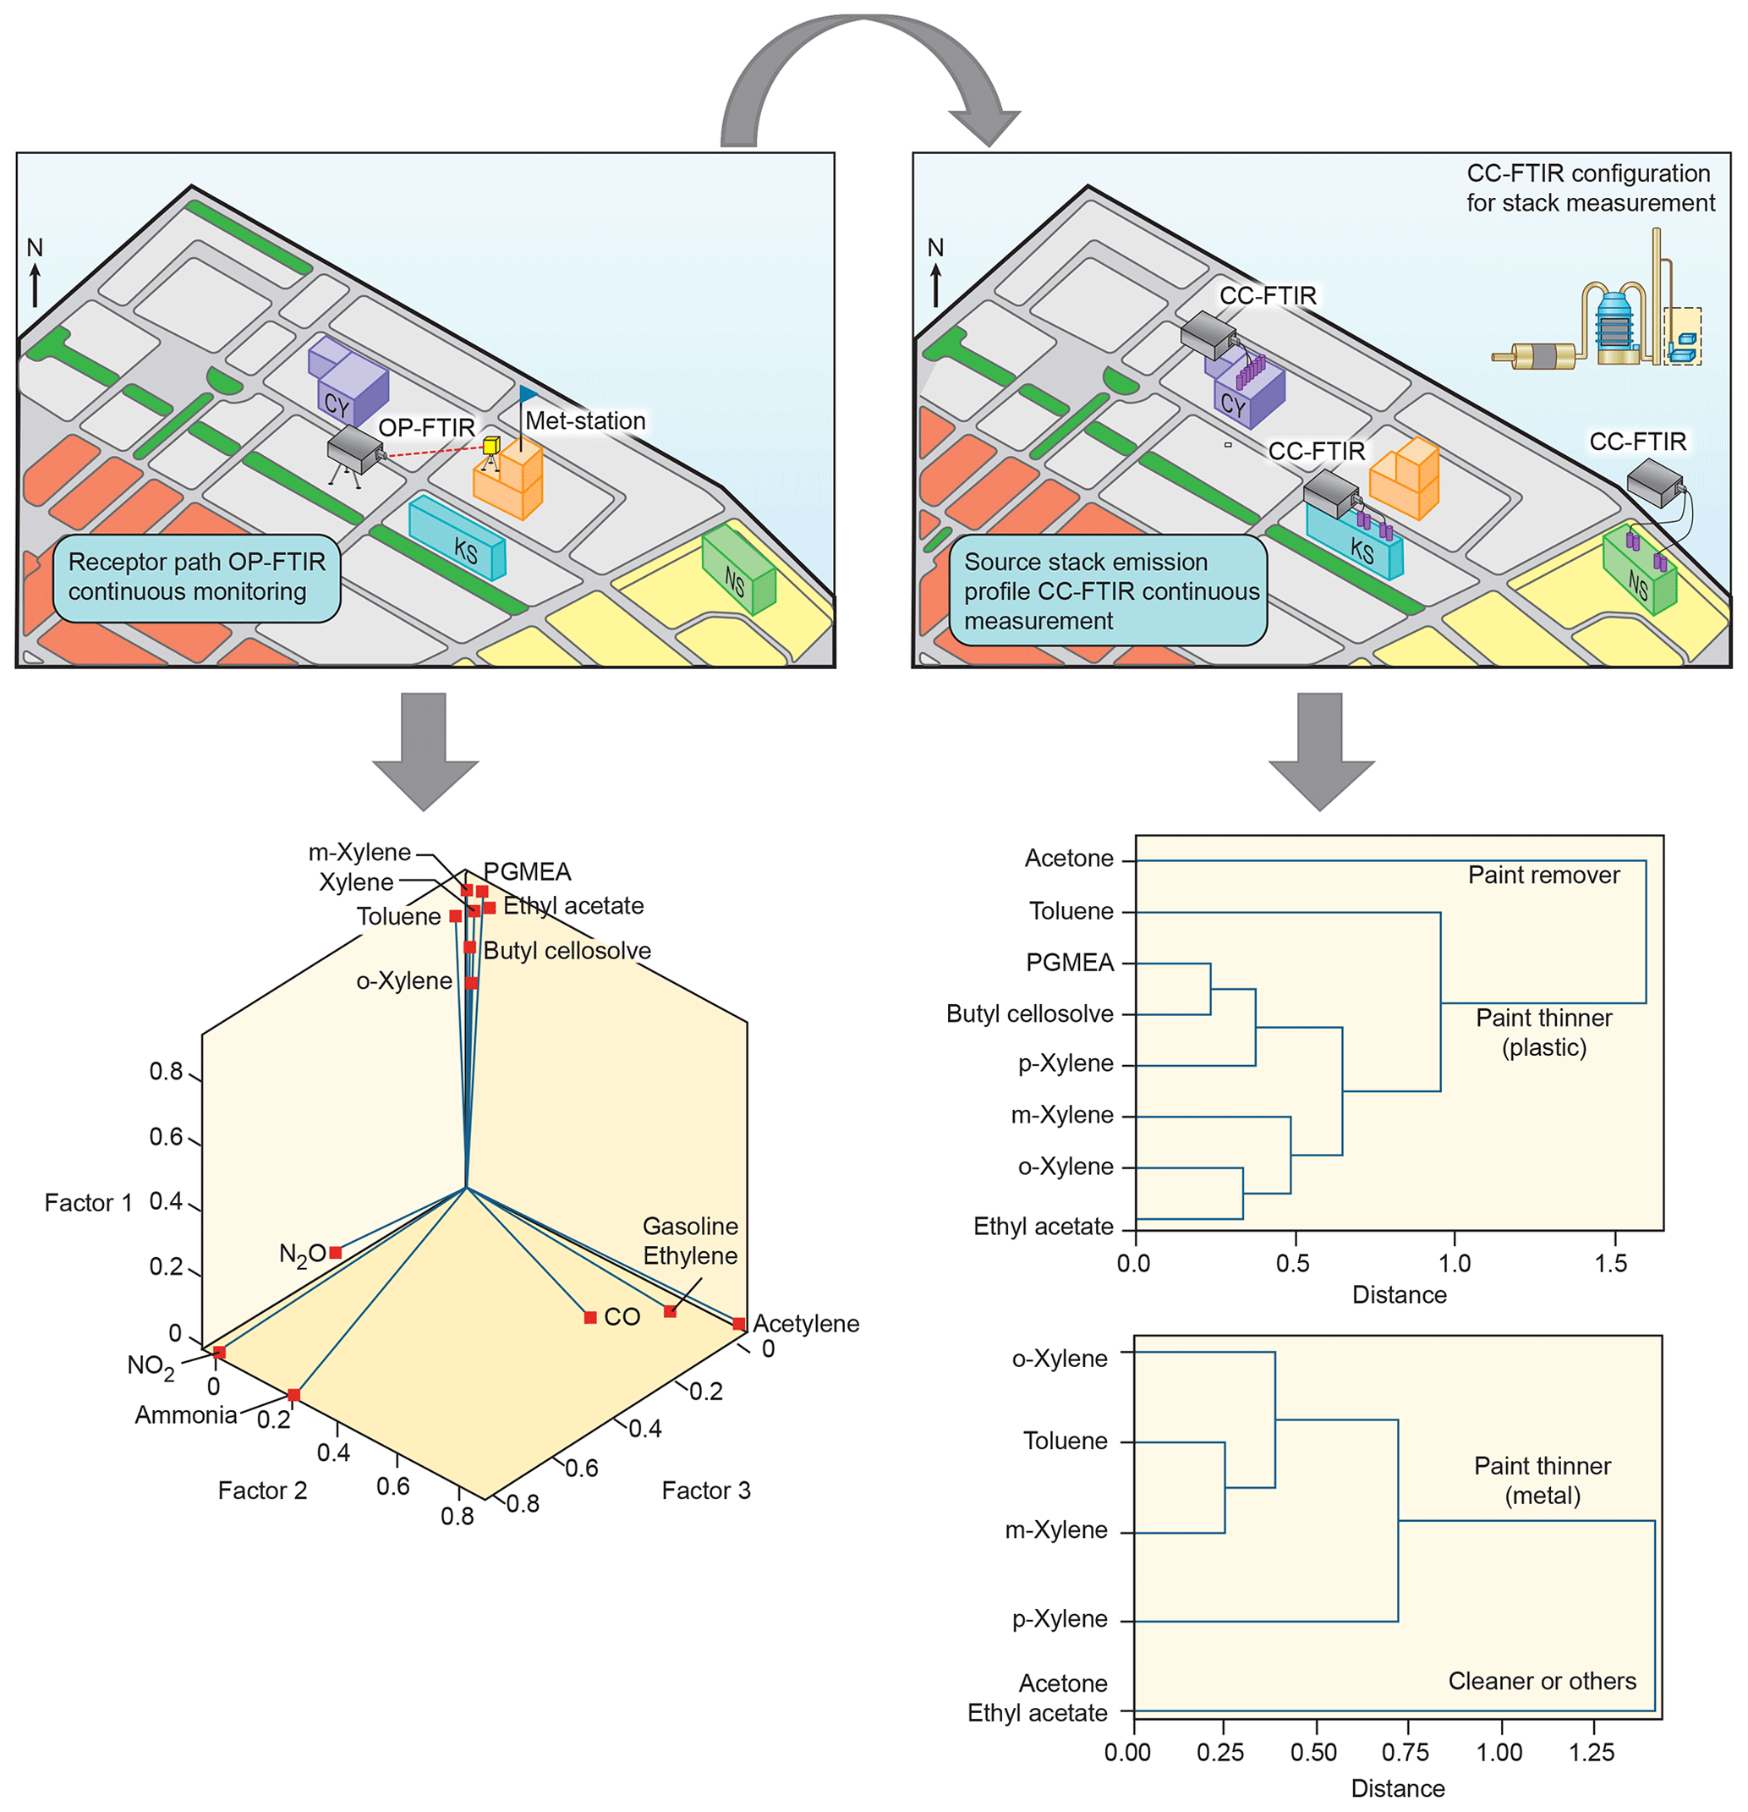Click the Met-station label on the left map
click(x=585, y=421)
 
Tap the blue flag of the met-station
click(x=528, y=395)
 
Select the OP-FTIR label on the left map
click(x=426, y=428)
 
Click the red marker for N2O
click(x=336, y=1253)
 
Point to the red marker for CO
click(x=589, y=1317)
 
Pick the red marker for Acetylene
click(x=738, y=1324)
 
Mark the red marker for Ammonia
click(x=293, y=1395)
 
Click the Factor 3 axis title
click(x=706, y=1491)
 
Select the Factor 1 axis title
click(x=88, y=1203)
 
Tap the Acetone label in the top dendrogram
click(x=1069, y=859)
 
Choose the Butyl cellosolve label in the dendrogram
click(x=1030, y=1014)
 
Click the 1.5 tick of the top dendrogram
click(x=1611, y=1263)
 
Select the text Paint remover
click(x=1543, y=876)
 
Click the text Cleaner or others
click(x=1542, y=1681)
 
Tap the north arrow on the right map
click(x=935, y=282)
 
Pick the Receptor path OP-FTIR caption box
click(x=197, y=578)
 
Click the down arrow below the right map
click(x=1321, y=750)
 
